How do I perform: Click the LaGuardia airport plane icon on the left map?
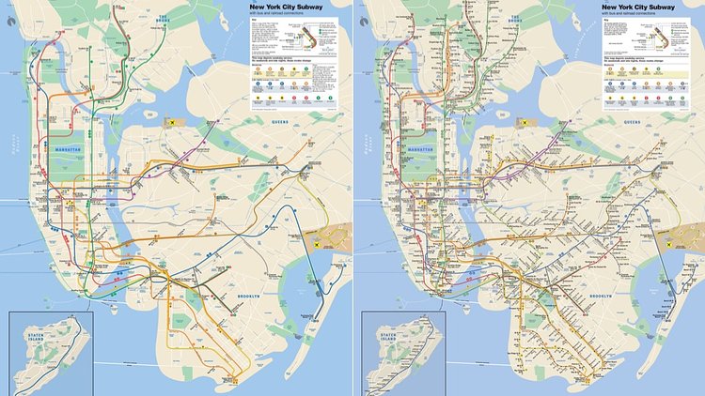click(x=172, y=121)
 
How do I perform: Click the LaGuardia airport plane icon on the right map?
click(x=525, y=121)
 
